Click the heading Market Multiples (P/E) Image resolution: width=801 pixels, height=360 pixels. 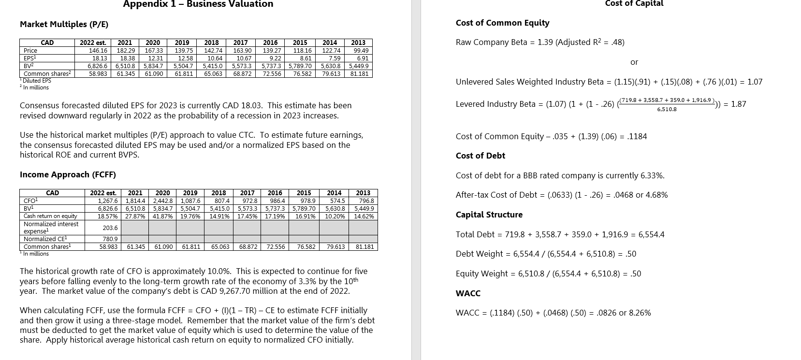(x=64, y=24)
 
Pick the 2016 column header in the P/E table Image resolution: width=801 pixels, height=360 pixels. (x=270, y=43)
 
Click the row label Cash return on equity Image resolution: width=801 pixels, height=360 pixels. (x=50, y=216)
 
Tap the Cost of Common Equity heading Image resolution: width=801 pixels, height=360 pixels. (x=502, y=23)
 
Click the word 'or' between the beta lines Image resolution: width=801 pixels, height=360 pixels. (x=634, y=62)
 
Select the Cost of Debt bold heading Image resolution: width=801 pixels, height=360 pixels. (x=480, y=156)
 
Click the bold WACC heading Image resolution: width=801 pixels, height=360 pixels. (x=468, y=293)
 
